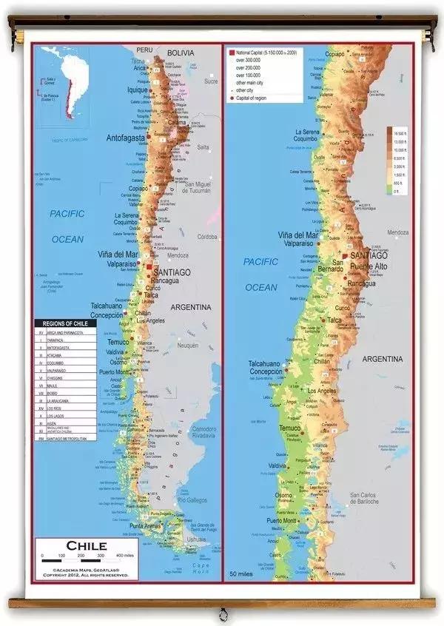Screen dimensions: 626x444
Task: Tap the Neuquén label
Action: pos(188,345)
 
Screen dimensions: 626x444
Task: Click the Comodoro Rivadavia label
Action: pos(203,432)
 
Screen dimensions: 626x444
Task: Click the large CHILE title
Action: pos(87,546)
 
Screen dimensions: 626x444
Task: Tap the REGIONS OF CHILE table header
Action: pos(65,324)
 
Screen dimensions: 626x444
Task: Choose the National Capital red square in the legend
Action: pos(232,53)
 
